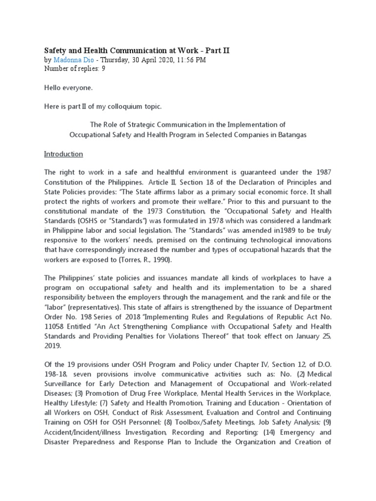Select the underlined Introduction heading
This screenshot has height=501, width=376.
[64, 154]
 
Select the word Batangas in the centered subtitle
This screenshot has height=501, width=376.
[292, 135]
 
